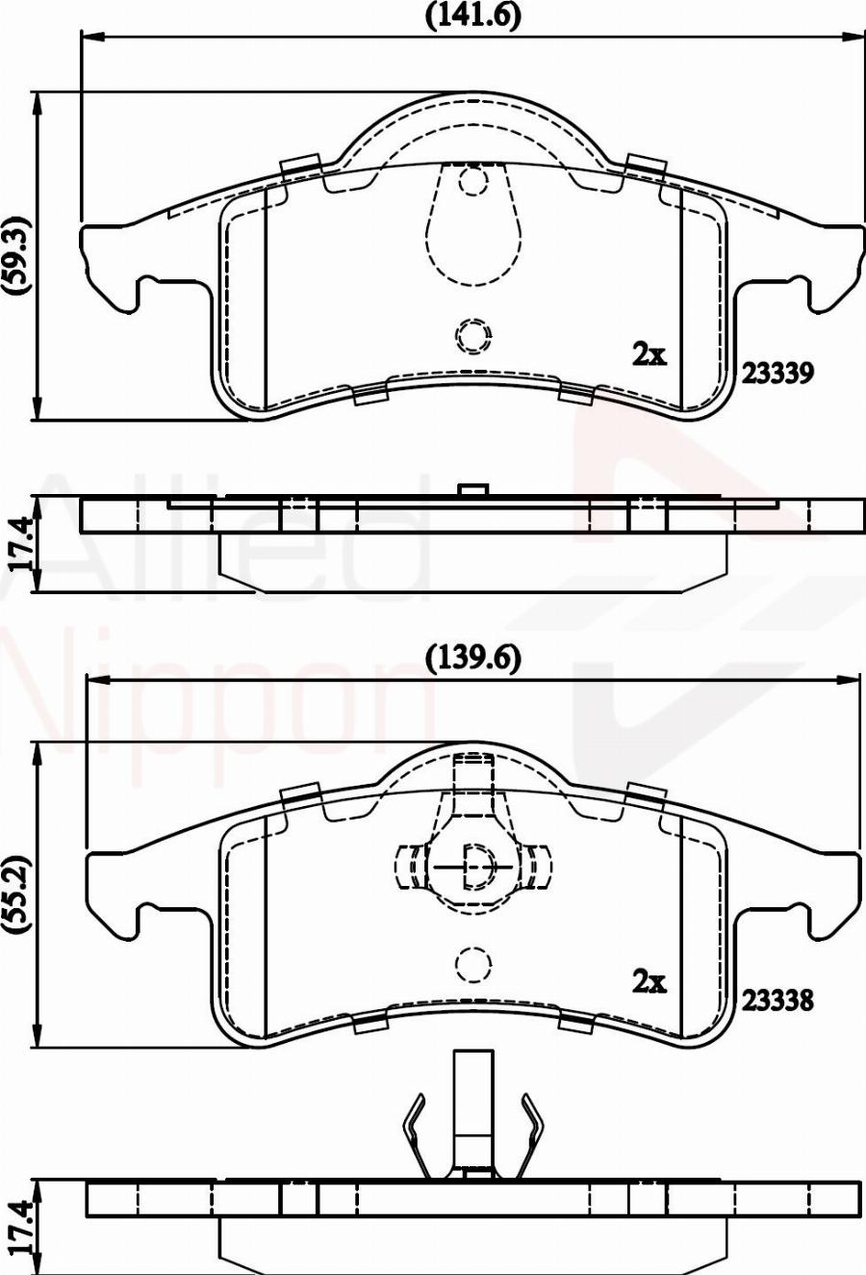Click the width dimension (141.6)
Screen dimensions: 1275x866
471,15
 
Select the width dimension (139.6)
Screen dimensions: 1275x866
471,658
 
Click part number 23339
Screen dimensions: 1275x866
777,373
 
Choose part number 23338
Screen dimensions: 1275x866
777,1001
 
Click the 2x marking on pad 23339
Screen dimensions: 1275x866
649,354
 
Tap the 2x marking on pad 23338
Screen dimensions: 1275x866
649,981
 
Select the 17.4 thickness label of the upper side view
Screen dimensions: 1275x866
25,543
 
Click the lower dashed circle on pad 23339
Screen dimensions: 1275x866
472,335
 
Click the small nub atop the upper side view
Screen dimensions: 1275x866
471,490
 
